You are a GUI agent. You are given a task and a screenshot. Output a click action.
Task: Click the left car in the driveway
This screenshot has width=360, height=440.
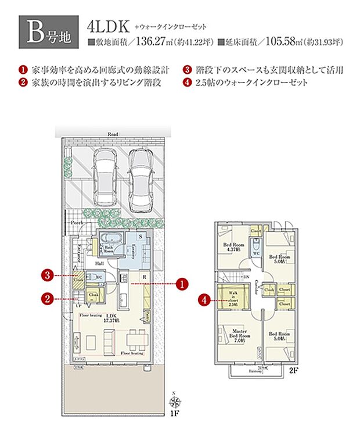coord(106,174)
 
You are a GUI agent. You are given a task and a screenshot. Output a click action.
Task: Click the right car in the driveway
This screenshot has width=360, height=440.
coord(142,179)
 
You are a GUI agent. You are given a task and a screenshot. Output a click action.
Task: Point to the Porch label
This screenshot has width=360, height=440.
coord(77,223)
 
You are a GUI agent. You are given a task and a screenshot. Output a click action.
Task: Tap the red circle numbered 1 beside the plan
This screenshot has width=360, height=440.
coord(182,284)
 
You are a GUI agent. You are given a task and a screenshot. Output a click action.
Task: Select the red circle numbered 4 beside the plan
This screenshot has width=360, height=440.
coord(204,299)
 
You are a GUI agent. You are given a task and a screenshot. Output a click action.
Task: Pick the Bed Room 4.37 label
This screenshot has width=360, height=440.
coord(233,248)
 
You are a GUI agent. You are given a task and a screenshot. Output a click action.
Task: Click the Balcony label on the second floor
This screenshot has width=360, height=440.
coord(255,371)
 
